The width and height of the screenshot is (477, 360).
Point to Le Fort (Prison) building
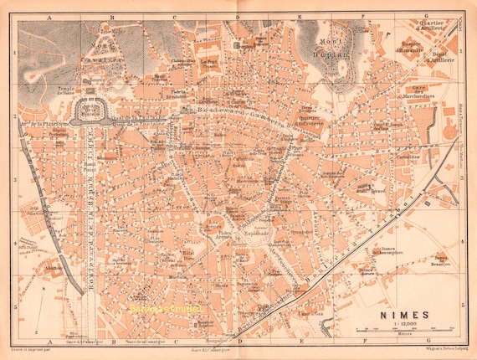point(208,63)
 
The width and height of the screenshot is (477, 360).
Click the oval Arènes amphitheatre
point(213,226)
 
